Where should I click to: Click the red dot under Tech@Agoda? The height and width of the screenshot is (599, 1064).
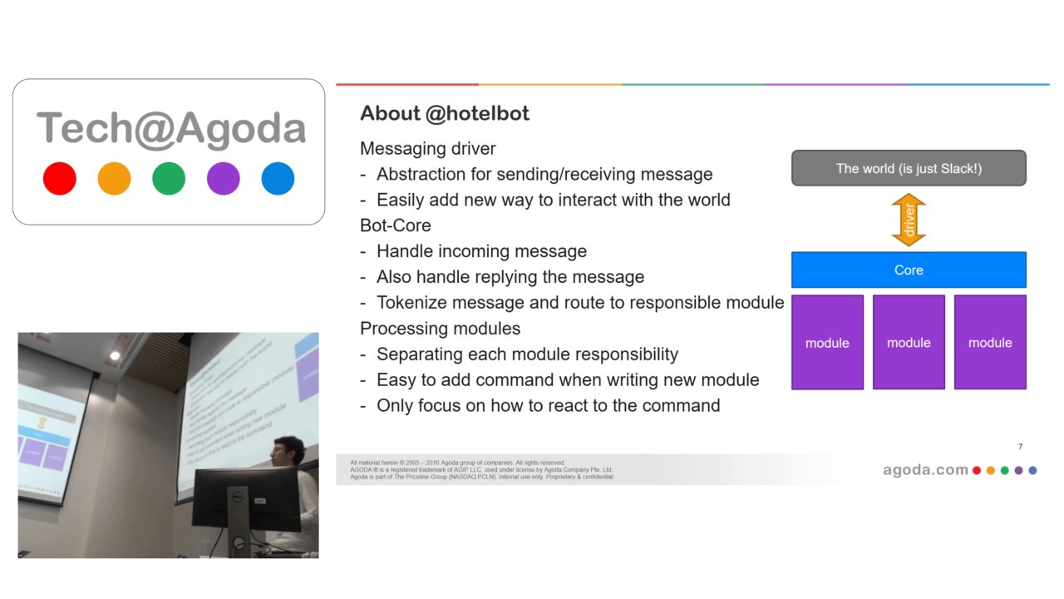tap(60, 179)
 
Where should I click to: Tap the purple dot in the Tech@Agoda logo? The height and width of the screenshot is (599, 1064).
tap(223, 179)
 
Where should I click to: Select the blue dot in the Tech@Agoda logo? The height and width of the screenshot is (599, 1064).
tap(278, 179)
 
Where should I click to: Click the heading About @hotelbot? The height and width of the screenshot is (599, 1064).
tap(445, 113)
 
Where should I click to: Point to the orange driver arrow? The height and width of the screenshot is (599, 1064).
tap(909, 220)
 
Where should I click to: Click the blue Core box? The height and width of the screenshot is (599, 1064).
tap(909, 270)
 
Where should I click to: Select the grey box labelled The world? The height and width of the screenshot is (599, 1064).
tap(909, 168)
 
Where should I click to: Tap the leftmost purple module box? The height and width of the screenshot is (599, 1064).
tap(827, 342)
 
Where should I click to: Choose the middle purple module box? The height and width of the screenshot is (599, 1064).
tap(909, 342)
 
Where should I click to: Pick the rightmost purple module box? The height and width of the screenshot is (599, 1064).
tap(990, 342)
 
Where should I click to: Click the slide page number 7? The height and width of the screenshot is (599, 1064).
tap(1020, 447)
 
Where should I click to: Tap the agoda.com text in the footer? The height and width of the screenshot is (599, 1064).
tap(925, 470)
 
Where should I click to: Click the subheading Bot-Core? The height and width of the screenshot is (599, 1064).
tap(396, 225)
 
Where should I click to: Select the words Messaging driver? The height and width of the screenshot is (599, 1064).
tap(428, 149)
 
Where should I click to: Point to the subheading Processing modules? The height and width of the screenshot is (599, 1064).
tap(440, 329)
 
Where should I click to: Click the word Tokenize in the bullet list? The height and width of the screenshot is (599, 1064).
tap(408, 303)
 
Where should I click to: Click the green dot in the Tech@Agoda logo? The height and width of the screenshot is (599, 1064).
tap(169, 179)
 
